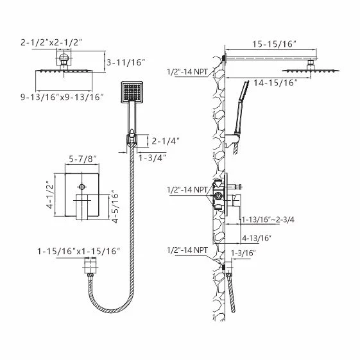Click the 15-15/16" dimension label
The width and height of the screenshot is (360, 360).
(x=274, y=44)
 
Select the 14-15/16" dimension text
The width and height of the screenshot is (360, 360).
(x=275, y=83)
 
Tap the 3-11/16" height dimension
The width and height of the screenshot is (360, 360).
(x=126, y=62)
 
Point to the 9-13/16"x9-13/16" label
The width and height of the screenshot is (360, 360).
(x=62, y=97)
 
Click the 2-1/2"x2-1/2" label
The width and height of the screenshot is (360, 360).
(x=51, y=42)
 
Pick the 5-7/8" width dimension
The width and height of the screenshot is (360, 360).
(x=82, y=159)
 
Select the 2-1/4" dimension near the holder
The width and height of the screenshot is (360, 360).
(x=166, y=141)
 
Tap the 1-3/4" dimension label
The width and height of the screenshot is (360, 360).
(x=152, y=158)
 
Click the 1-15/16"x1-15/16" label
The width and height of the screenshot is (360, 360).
(x=78, y=251)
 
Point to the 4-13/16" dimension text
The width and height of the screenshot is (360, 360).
(x=257, y=238)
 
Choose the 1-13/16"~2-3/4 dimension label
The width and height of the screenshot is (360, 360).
(x=268, y=219)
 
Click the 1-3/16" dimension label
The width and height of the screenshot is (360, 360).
(x=243, y=253)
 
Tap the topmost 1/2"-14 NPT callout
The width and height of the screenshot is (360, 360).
(x=187, y=72)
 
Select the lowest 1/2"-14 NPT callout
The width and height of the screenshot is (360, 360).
(x=187, y=250)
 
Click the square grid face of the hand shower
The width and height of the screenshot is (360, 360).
(x=132, y=92)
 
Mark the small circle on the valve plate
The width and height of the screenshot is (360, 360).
(x=82, y=187)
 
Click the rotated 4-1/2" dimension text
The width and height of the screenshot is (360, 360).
(x=50, y=195)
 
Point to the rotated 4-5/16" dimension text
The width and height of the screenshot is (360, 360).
(x=115, y=207)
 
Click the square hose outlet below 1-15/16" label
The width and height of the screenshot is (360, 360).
(x=90, y=266)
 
